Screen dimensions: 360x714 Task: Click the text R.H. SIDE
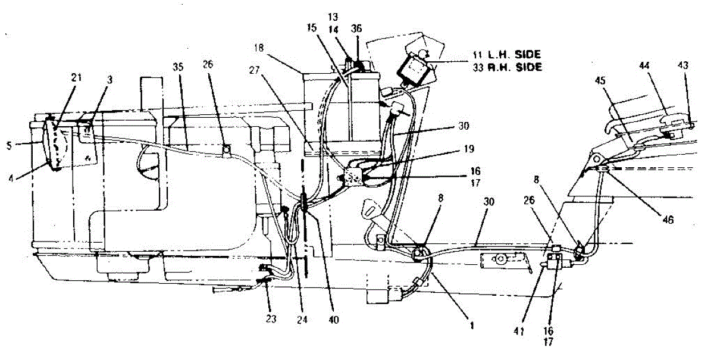pos(516,67)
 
